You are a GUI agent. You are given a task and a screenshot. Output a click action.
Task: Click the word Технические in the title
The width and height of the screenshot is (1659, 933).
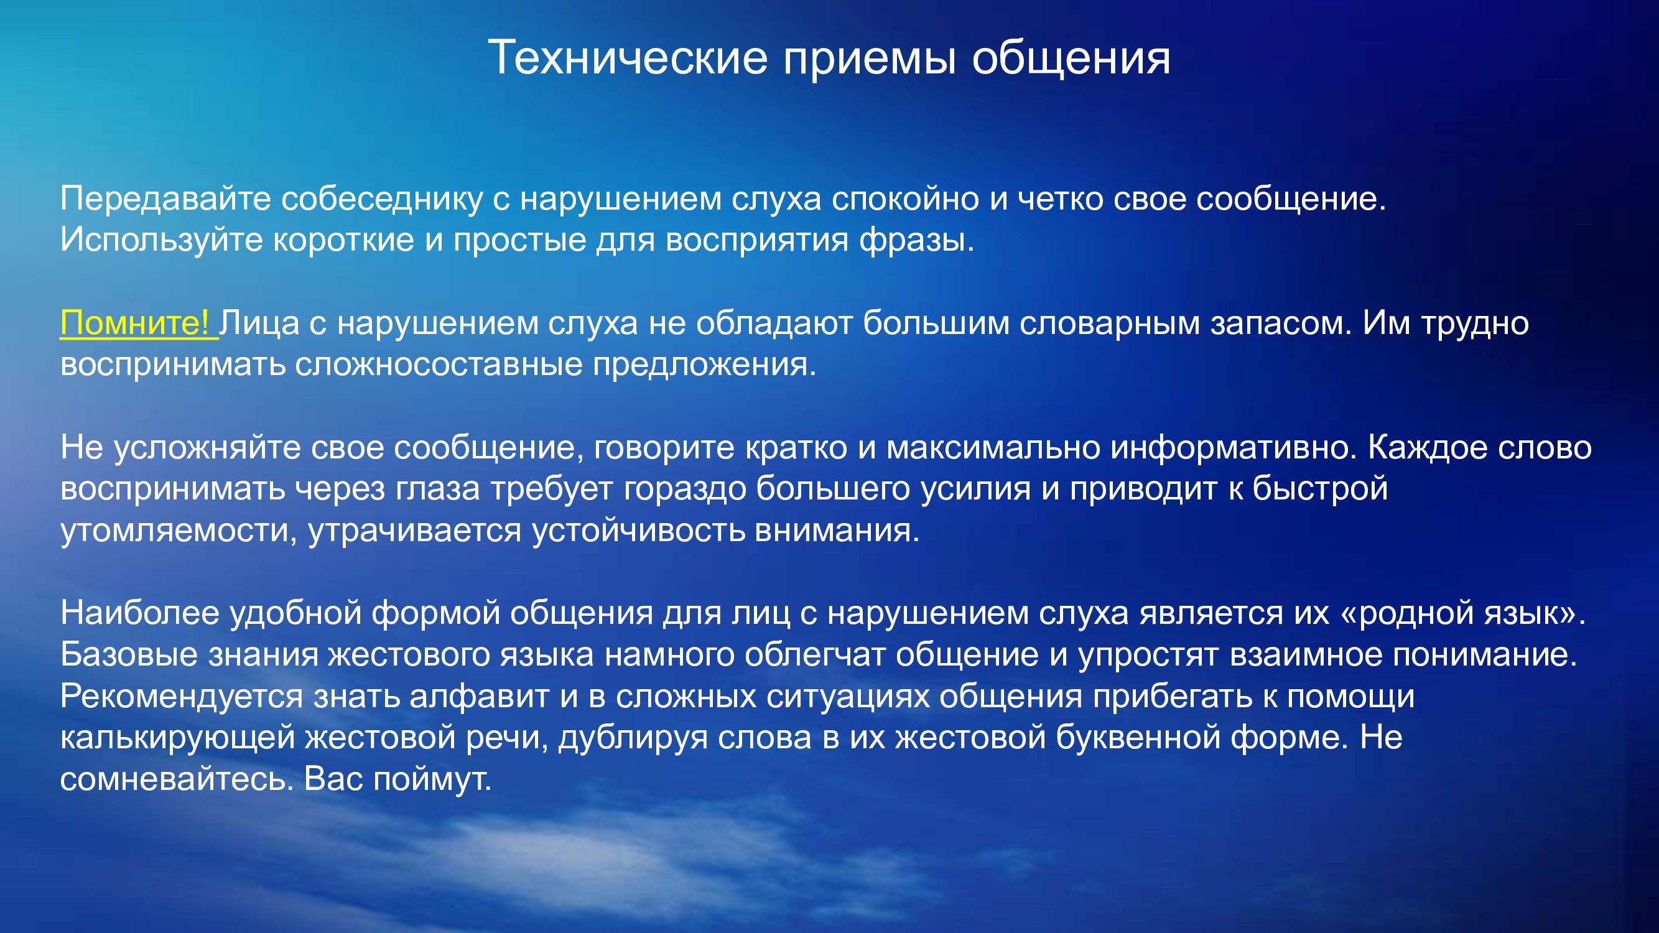[628, 57]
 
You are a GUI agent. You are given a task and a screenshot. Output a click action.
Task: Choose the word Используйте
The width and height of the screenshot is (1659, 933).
[162, 240]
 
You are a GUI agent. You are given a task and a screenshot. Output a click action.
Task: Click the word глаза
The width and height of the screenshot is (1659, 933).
[437, 490]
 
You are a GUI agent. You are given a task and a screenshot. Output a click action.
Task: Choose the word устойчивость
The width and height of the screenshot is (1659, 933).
[638, 531]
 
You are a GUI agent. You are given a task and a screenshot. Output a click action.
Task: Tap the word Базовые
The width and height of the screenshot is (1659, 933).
[129, 655]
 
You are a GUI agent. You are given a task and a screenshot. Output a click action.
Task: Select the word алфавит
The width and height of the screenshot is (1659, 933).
[479, 697]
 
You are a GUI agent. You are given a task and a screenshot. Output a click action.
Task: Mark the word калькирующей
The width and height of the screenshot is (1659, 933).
[178, 738]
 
